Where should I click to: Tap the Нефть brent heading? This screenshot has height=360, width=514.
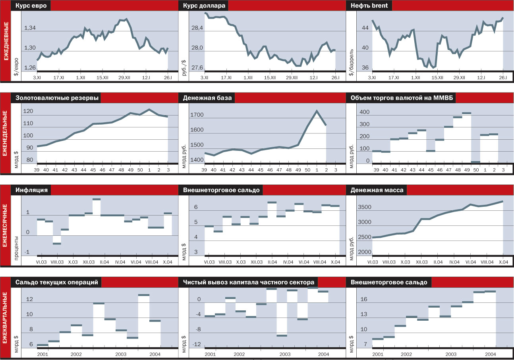[369, 6]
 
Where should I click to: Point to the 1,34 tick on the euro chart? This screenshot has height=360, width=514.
[30, 28]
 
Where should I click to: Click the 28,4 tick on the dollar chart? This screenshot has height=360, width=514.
[198, 28]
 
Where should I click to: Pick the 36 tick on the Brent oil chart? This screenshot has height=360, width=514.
[365, 68]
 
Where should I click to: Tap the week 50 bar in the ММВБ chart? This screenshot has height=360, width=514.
[475, 162]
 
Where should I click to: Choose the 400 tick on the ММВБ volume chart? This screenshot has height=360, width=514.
[364, 112]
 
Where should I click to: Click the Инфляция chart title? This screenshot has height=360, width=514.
[32, 190]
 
